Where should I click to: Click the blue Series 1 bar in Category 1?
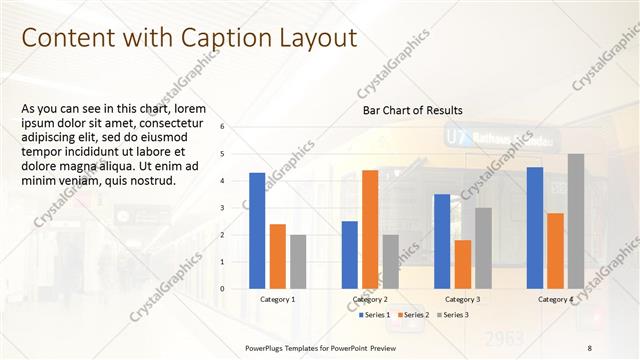[257, 231]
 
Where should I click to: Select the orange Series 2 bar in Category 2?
[370, 229]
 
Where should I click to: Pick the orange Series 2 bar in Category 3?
[463, 264]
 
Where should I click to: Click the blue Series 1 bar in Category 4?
[535, 228]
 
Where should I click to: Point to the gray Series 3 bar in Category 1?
[298, 262]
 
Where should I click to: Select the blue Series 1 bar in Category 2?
[350, 255]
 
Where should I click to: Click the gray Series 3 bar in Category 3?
[483, 248]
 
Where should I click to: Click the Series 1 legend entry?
[376, 315]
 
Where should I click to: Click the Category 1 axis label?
[278, 300]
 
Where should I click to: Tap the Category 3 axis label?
[463, 300]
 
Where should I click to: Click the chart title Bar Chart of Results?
[412, 109]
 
